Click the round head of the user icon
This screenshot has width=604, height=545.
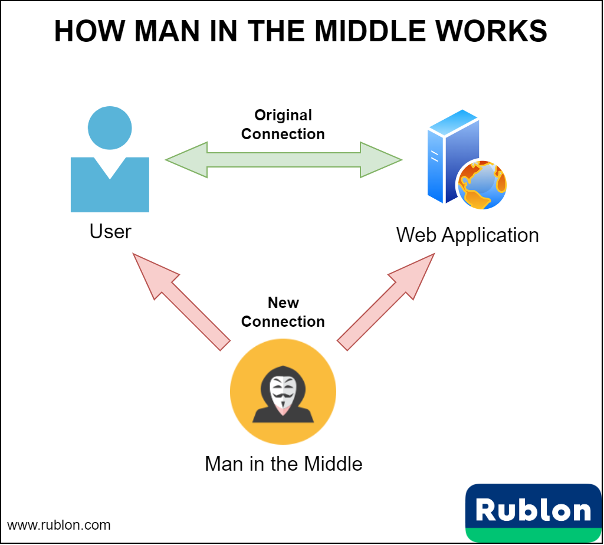click(x=110, y=128)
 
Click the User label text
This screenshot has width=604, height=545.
click(x=110, y=231)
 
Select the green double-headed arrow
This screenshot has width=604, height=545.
click(x=283, y=160)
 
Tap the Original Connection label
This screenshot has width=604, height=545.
click(x=283, y=124)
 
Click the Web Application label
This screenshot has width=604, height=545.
click(x=467, y=235)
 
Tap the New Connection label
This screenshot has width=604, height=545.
click(x=283, y=312)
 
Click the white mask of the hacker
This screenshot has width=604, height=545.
click(x=283, y=390)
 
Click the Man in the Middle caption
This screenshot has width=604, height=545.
click(x=283, y=464)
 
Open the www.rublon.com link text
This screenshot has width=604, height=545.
click(x=58, y=524)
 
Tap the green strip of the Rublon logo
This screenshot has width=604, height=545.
click(x=533, y=536)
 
